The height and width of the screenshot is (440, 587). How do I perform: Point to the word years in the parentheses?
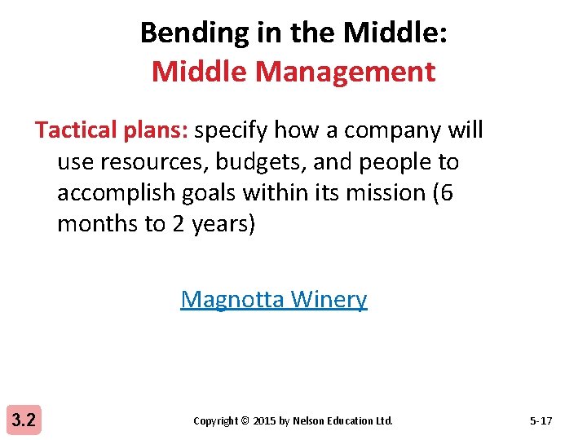(x=223, y=224)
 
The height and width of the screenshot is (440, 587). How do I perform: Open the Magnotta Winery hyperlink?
(x=274, y=299)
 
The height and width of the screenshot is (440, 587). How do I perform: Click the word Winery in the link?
(x=329, y=299)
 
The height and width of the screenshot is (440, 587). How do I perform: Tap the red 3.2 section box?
(x=25, y=420)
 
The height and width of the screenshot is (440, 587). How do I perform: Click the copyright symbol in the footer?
(x=245, y=421)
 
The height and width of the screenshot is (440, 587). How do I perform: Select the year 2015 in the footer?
(x=265, y=421)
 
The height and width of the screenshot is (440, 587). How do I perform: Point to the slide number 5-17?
(x=541, y=421)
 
